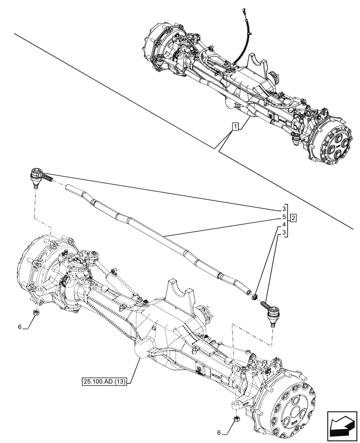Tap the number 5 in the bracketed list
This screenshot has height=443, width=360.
[283, 217]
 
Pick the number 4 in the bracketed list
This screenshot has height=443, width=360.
[283, 225]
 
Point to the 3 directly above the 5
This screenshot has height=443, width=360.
[283, 209]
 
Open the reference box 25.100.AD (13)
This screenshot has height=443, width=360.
[105, 381]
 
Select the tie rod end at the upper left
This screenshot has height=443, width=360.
[36, 177]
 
